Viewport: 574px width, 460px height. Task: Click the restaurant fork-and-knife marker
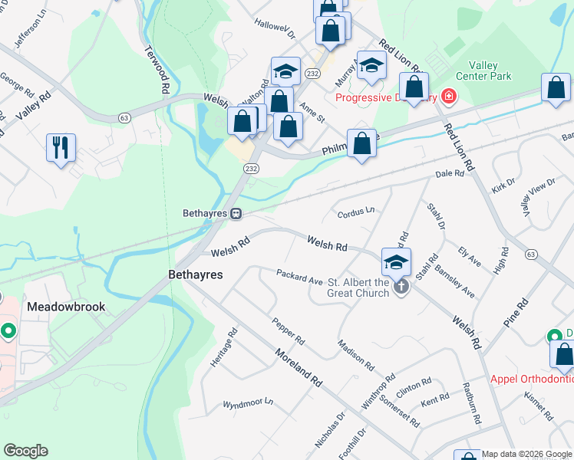(x=61, y=146)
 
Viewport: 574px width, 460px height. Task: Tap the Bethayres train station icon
(x=237, y=213)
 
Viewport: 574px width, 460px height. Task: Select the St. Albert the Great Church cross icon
(x=401, y=287)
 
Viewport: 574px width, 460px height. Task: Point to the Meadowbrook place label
(x=66, y=306)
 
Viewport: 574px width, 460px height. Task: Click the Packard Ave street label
(x=299, y=276)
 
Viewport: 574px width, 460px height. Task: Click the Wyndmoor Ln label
(x=248, y=402)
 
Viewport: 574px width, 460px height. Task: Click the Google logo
(x=25, y=451)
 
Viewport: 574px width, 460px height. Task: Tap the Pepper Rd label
(x=289, y=330)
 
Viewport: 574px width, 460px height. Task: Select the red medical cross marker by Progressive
(x=447, y=97)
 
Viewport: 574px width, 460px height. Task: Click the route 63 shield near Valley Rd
(x=124, y=117)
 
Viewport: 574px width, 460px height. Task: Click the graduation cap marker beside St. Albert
(x=396, y=262)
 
